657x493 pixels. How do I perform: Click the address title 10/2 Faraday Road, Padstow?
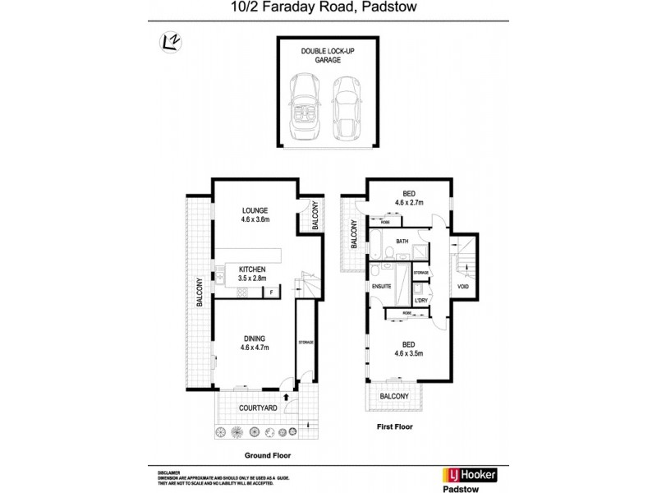pos(328,9)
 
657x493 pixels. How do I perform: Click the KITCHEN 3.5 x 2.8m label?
pos(252,274)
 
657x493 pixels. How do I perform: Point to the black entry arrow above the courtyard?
pos(287,396)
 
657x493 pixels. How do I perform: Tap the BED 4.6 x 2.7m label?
pos(408,197)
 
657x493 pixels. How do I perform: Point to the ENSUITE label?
pos(383,287)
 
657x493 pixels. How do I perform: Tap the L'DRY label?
pos(421,300)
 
